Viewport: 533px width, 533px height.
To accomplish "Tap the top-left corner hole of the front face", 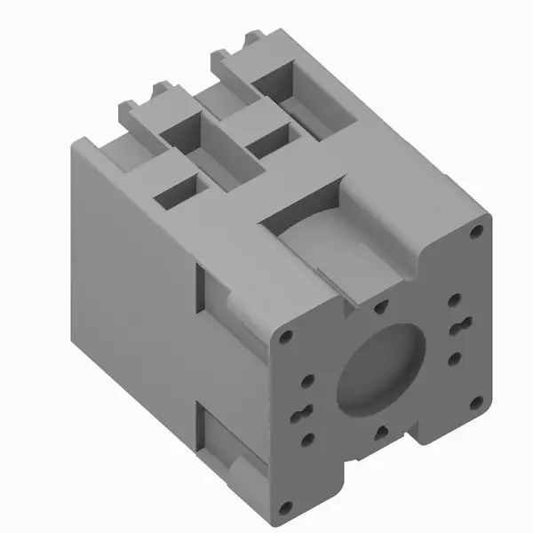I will [x=284, y=338].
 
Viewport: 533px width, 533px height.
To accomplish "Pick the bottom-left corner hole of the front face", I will [x=284, y=508].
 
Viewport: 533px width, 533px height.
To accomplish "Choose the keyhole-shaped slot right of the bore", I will [x=459, y=328].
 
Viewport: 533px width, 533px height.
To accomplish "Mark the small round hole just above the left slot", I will [x=307, y=381].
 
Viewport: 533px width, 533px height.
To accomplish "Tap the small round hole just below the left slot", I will [x=308, y=438].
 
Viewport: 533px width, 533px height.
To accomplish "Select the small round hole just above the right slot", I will [x=453, y=299].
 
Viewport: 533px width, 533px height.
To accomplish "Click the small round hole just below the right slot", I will [x=454, y=358].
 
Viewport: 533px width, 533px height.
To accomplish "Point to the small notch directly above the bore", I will [x=380, y=307].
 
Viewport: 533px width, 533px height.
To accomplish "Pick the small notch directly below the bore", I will [x=379, y=433].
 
